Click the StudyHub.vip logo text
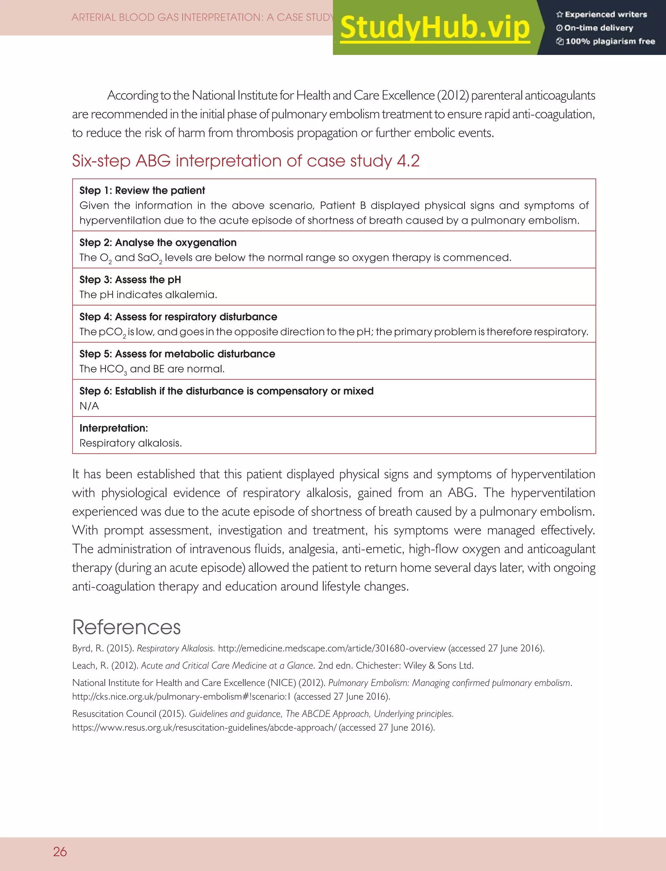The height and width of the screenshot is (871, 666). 435,28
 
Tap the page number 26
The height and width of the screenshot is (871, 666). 60,851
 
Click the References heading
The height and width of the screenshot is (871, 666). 126,627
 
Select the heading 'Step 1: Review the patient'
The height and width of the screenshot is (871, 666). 142,191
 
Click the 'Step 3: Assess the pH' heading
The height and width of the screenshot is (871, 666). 130,280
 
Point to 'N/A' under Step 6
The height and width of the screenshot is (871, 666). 89,406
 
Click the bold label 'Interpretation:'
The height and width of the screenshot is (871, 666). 113,428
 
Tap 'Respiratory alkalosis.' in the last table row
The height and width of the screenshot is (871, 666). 130,443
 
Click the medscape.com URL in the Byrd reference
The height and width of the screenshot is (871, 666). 331,648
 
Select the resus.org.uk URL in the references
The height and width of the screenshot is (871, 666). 204,728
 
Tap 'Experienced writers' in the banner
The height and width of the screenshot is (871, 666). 605,15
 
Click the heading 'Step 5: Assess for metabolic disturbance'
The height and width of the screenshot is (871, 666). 177,354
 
